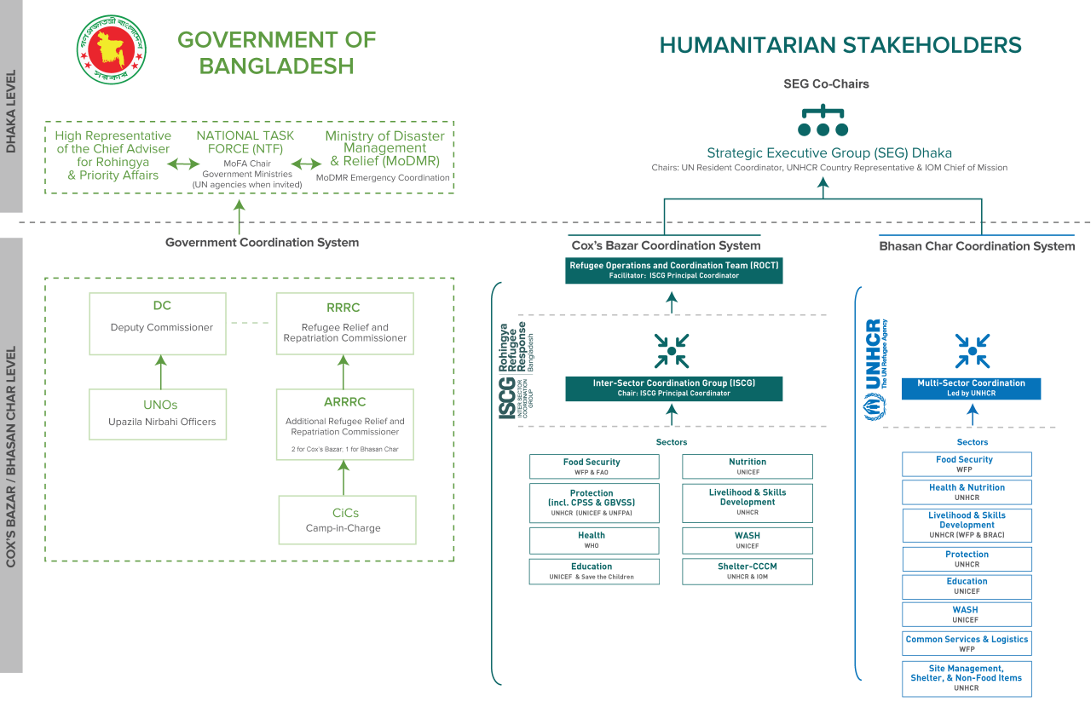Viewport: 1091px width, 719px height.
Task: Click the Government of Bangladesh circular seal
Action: pos(112,52)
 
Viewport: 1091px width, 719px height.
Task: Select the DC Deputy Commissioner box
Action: pos(158,324)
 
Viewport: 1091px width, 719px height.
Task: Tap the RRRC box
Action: pos(344,324)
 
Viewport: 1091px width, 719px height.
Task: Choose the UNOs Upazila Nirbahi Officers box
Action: pos(158,414)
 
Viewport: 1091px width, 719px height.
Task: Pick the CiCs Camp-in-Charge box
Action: pos(347,520)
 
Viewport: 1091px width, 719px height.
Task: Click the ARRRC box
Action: pos(344,424)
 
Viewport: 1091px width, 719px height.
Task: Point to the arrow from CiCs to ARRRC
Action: pos(344,477)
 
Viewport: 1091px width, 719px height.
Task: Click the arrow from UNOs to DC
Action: pos(159,371)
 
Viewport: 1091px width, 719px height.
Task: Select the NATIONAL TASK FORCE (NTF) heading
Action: pos(245,141)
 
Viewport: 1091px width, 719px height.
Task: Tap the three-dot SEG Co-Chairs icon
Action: pos(823,121)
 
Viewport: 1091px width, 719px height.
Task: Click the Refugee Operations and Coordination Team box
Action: pos(674,270)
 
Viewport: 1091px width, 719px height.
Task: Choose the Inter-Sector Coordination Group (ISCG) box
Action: pos(674,388)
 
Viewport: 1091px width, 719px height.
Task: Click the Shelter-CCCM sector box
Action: pos(748,572)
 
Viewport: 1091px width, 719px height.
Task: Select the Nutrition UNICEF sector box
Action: pos(748,467)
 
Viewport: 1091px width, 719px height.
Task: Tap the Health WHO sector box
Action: pos(593,541)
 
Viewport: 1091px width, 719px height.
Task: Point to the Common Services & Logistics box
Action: pos(967,643)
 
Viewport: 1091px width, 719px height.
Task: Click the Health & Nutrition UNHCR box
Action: pos(967,492)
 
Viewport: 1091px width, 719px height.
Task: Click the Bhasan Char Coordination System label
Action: pos(977,246)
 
